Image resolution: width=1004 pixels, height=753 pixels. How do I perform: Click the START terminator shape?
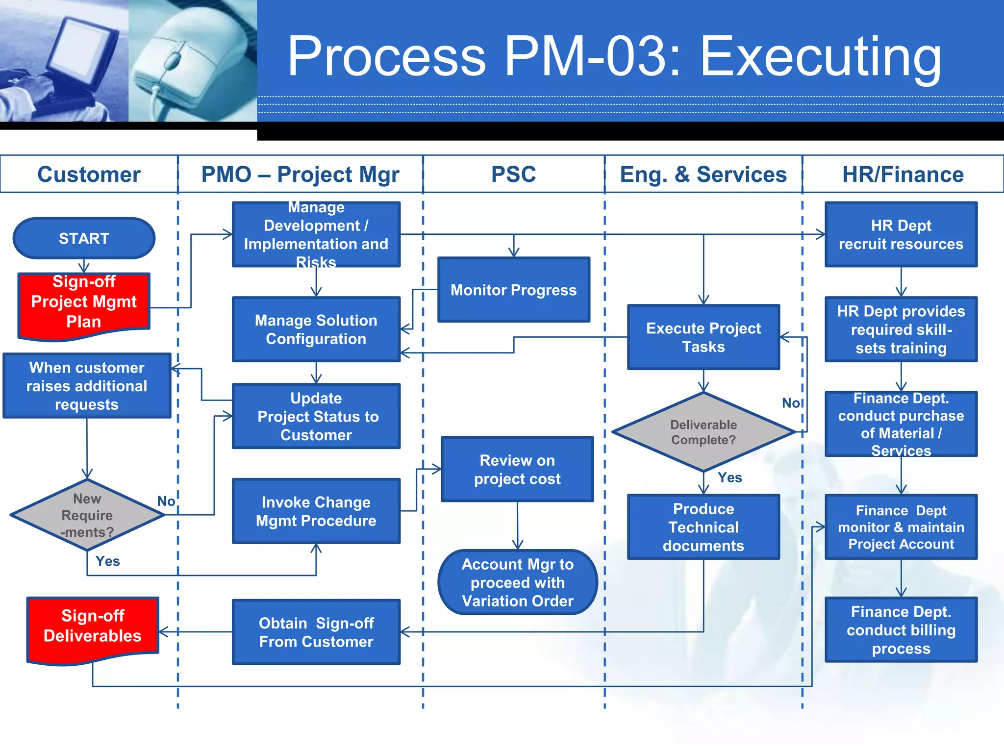[x=84, y=238]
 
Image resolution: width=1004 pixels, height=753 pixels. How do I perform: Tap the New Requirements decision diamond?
[x=87, y=515]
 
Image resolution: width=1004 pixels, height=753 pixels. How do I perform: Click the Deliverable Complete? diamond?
[x=703, y=432]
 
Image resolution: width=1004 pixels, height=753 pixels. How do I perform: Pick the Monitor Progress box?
[x=513, y=290]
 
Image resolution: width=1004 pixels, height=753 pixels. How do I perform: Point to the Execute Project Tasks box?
[x=703, y=337]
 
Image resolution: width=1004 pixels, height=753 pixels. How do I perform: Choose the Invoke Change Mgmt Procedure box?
[x=316, y=511]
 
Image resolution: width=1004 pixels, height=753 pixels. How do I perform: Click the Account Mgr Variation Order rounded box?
[x=517, y=582]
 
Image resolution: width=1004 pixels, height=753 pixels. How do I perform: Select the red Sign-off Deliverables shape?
[x=92, y=627]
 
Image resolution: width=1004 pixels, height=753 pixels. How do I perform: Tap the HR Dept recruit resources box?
[x=901, y=234]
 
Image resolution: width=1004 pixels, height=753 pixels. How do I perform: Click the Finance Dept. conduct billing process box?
[x=901, y=630]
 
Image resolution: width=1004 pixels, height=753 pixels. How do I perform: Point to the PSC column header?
[x=513, y=175]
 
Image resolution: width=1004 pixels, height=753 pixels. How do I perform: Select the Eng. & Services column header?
[x=703, y=175]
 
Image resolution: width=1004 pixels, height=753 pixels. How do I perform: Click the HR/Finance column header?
[x=903, y=175]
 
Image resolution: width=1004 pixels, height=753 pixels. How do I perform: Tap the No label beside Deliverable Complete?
[x=791, y=403]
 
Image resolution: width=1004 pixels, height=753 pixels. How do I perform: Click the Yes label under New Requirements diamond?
[x=107, y=561]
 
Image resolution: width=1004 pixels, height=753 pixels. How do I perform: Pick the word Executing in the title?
[x=820, y=58]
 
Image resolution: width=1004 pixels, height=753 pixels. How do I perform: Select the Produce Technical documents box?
[x=703, y=527]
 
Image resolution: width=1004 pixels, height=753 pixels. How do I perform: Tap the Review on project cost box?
[x=517, y=469]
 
